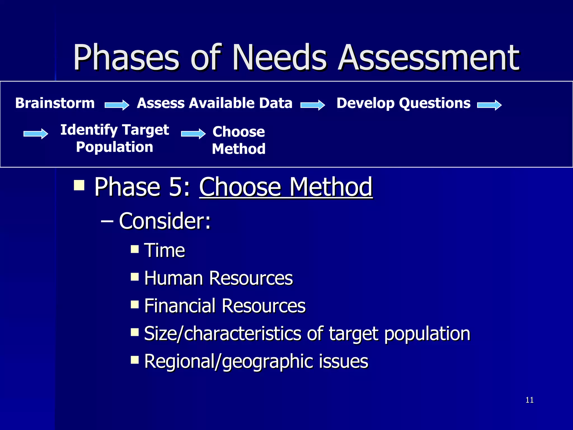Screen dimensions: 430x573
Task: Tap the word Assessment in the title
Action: pos(429,58)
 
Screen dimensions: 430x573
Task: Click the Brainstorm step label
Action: pos(55,103)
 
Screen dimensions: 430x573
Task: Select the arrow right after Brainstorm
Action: pos(117,105)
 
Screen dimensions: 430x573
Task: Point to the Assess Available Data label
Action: pos(215,103)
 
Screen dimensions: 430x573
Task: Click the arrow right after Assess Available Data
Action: pos(313,105)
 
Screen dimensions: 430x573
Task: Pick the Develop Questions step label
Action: pos(403,103)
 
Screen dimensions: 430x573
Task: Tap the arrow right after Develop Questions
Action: pos(489,105)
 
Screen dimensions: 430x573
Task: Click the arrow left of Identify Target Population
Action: pos(36,134)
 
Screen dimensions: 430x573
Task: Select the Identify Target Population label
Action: pos(115,138)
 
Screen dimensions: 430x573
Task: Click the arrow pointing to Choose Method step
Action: pos(193,134)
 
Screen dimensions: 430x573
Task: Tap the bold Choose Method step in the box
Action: pos(239,140)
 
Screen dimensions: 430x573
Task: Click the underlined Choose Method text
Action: pos(286,187)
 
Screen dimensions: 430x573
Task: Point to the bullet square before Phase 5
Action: pos(79,185)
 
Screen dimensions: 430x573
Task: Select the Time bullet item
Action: pos(165,250)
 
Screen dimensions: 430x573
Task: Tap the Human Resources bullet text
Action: pos(218,278)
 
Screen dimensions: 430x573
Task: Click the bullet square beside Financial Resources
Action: pos(135,304)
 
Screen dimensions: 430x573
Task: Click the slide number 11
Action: pos(529,400)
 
